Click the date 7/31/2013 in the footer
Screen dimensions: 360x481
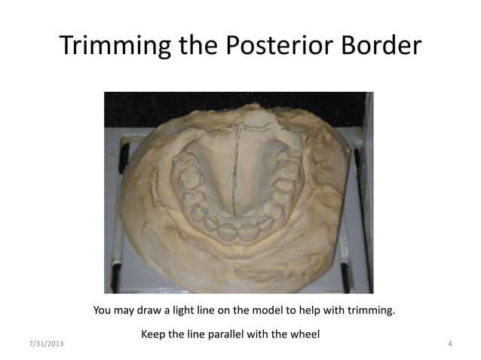click(x=46, y=344)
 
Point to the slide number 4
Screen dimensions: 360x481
click(x=449, y=344)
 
